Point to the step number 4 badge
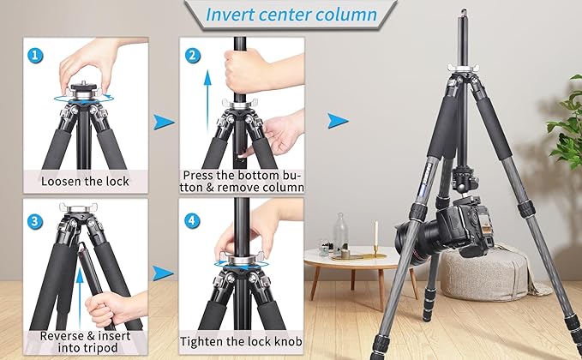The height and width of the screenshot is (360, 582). click(194, 221)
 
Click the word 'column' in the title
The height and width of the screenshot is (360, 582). click(345, 15)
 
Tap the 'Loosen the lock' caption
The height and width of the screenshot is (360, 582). click(86, 181)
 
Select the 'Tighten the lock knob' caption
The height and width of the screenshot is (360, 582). click(239, 341)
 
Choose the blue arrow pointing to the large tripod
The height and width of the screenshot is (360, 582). click(339, 120)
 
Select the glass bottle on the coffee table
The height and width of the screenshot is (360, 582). click(340, 232)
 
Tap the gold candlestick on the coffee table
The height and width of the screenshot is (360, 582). click(375, 240)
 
